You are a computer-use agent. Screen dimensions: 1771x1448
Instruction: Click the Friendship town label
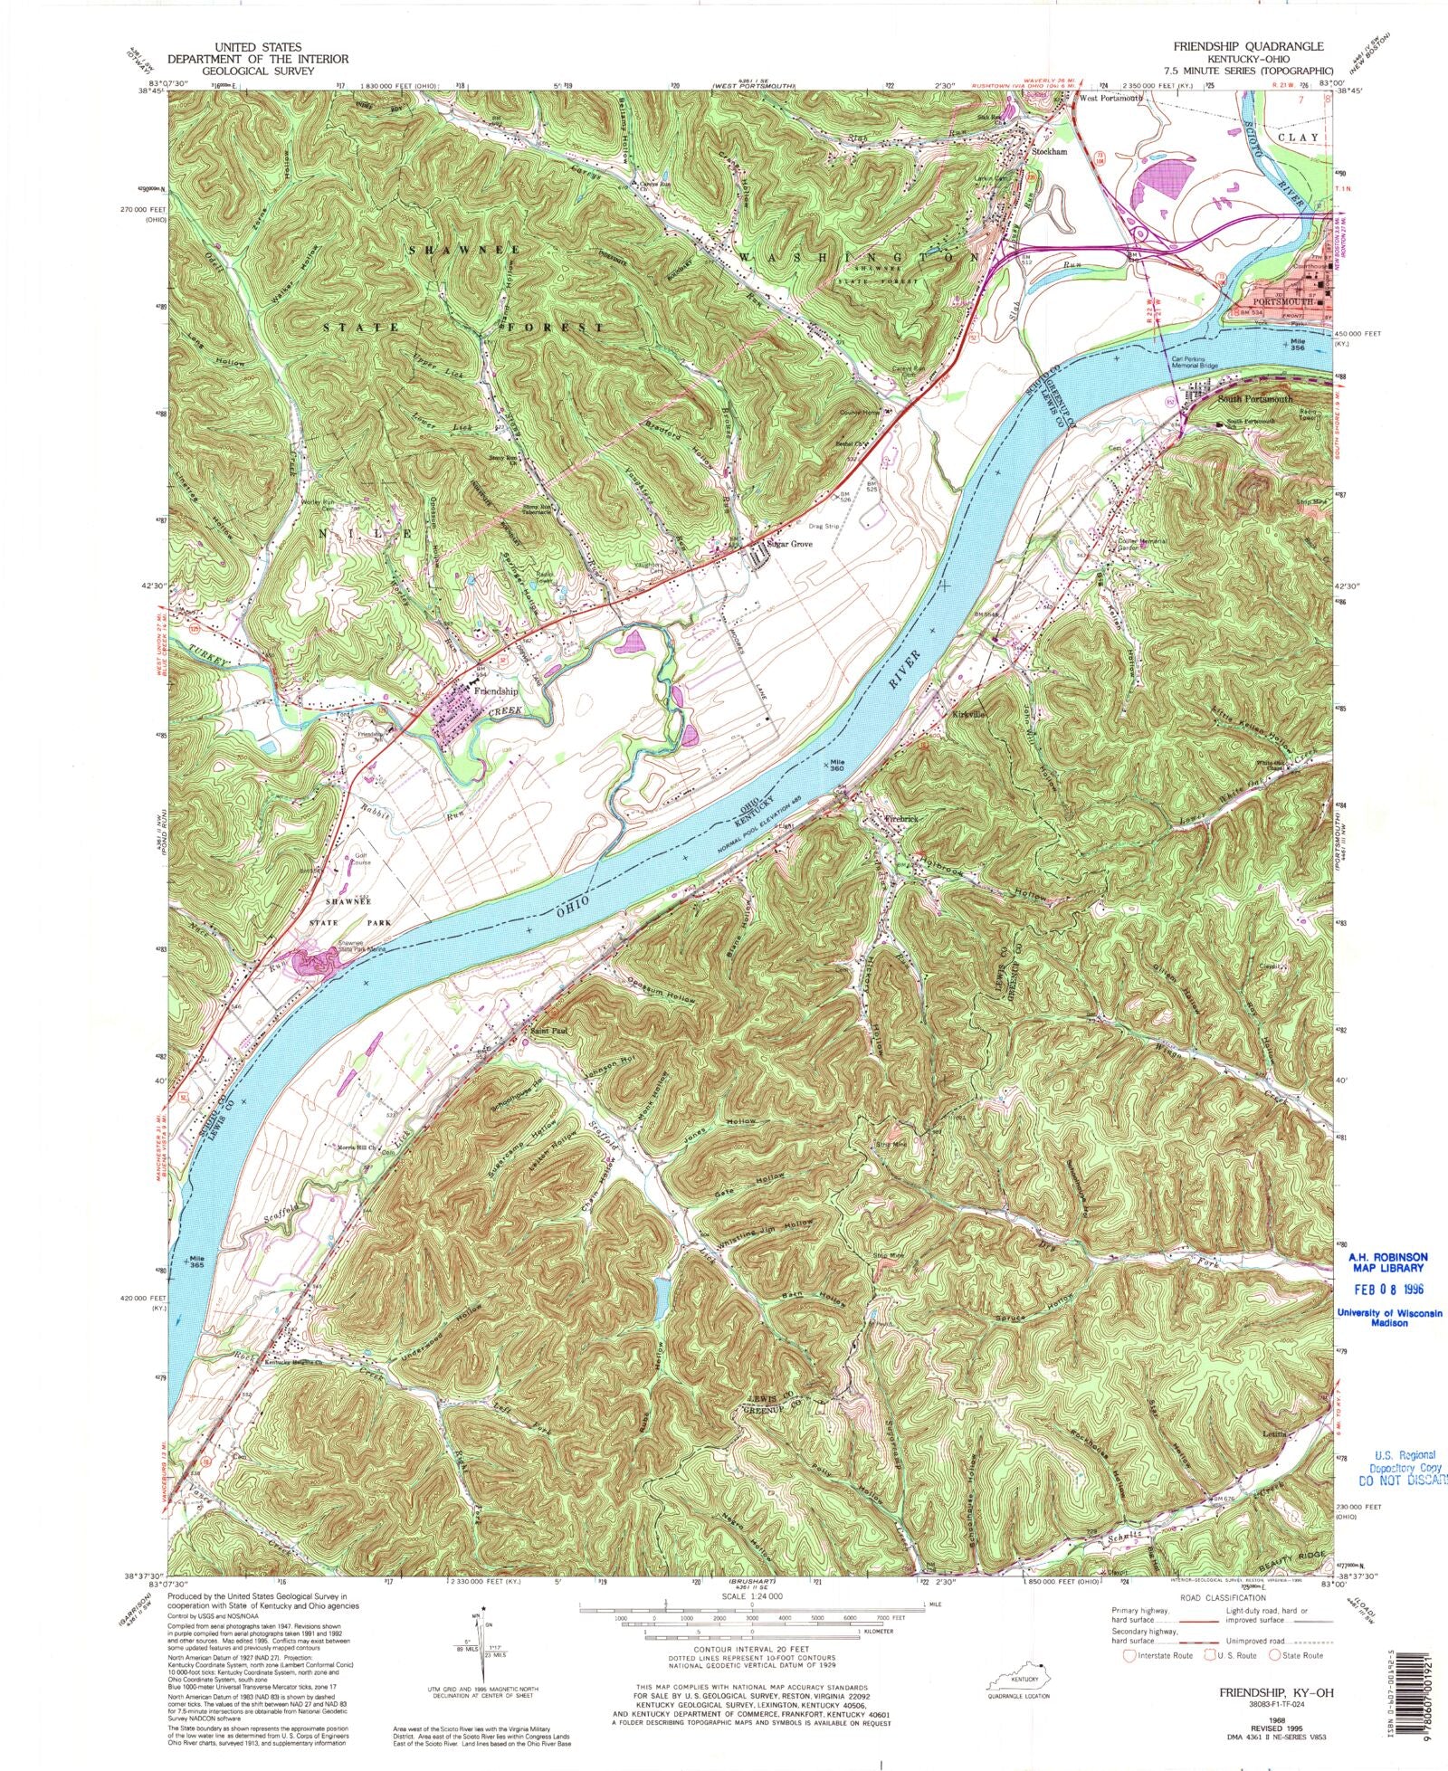pyautogui.click(x=497, y=690)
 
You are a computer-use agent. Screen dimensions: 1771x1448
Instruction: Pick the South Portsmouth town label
pyautogui.click(x=1256, y=399)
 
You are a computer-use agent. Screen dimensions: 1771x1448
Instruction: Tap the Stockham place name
pyautogui.click(x=1050, y=152)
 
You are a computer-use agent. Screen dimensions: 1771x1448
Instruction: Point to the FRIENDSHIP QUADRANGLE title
pyautogui.click(x=1248, y=46)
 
